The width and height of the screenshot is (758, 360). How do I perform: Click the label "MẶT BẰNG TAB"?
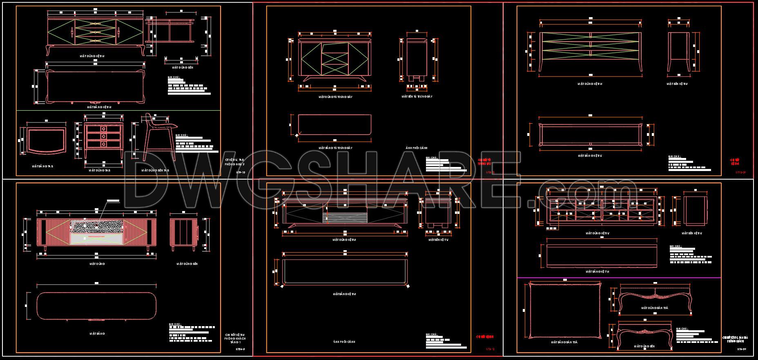42,167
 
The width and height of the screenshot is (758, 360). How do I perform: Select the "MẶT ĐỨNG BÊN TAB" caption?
155,170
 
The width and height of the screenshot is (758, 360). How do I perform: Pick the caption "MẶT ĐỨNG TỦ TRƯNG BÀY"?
335,97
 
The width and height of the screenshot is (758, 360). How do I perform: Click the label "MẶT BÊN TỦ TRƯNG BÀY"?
417,97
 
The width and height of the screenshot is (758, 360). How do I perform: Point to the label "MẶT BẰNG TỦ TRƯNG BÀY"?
335,148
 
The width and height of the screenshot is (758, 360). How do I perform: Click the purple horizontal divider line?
619,278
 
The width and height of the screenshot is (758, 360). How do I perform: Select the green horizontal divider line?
118,110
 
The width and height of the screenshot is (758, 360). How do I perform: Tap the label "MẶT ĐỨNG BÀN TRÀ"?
654,308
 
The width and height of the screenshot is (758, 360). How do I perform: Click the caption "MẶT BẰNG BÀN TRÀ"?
564,342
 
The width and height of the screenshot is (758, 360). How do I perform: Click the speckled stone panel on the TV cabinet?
96,226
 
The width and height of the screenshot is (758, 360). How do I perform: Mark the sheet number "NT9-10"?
241,173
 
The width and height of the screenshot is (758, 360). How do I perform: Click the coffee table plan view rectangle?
564,310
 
